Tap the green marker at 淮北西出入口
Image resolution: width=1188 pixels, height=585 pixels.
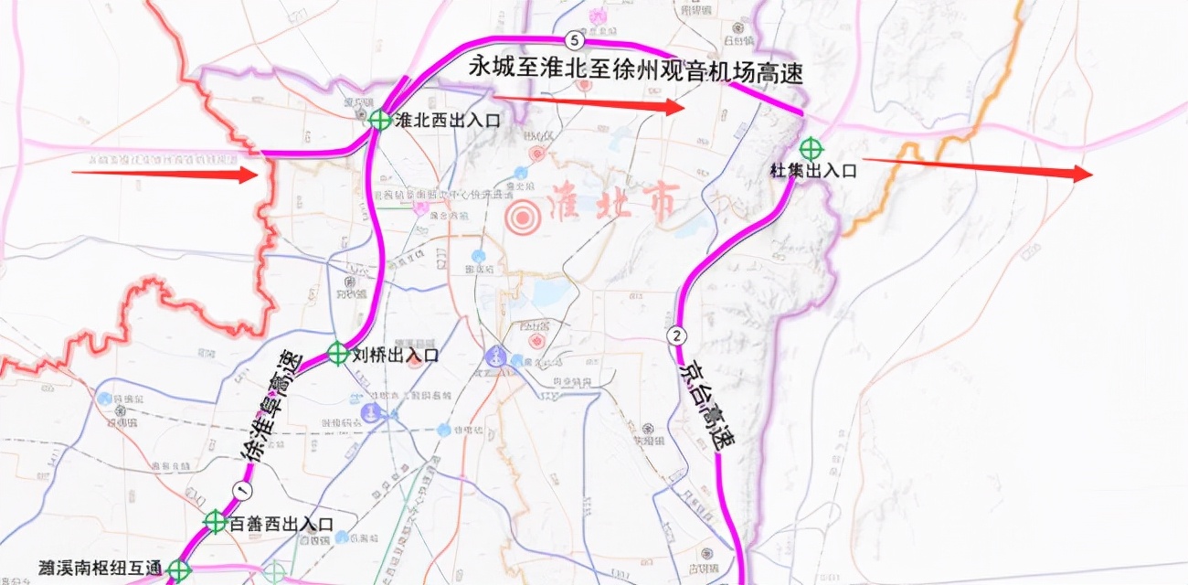[x=380, y=120]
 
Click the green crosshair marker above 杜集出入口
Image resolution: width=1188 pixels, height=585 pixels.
[x=811, y=147]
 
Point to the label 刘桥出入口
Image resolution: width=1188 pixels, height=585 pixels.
[x=396, y=355]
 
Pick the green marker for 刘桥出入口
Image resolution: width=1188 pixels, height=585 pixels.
[x=338, y=352]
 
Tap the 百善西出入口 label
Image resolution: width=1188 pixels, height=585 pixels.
[x=281, y=524]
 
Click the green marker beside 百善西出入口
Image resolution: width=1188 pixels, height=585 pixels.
[x=216, y=522]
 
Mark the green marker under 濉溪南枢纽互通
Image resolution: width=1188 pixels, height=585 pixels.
[x=178, y=571]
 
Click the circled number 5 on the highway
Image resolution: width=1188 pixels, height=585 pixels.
[x=573, y=39]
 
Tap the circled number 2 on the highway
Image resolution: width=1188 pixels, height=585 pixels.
[x=677, y=335]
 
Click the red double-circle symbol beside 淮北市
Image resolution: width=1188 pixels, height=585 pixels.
[x=523, y=218]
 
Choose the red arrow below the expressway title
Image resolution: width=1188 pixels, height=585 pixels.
[x=589, y=102]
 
